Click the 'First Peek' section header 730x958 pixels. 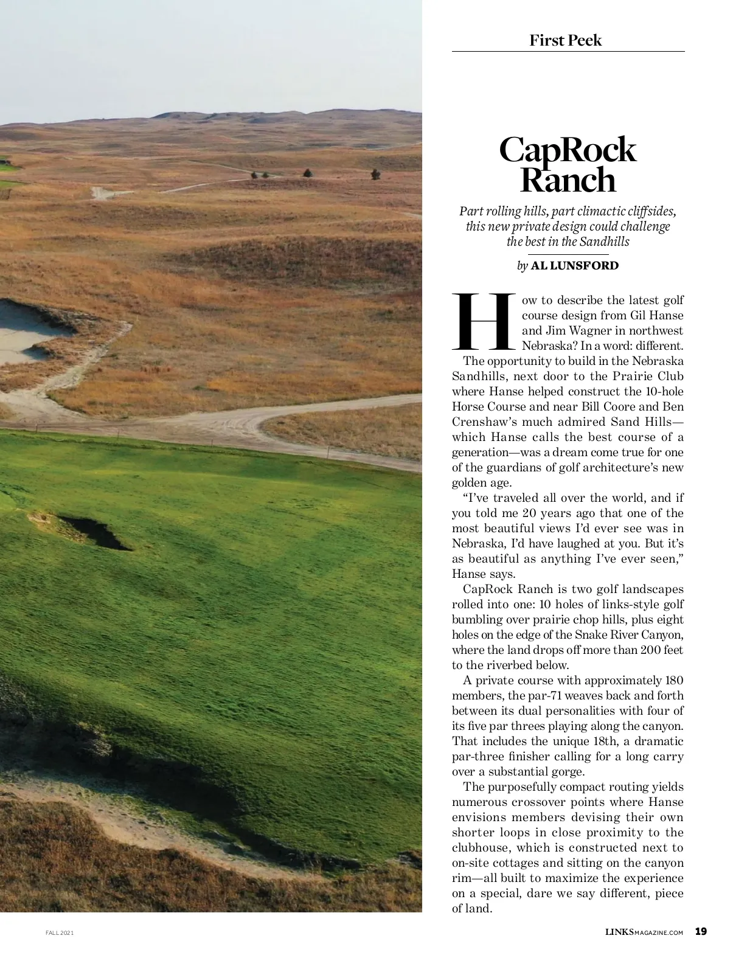coord(566,40)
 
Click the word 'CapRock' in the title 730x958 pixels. coord(568,150)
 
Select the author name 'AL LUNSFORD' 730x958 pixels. coord(575,265)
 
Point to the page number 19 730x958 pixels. coord(701,931)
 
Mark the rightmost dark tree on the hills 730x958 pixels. coord(375,175)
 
